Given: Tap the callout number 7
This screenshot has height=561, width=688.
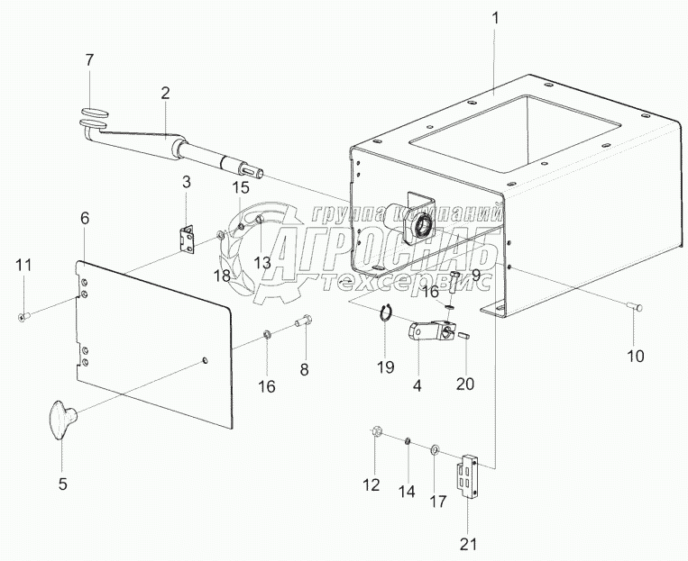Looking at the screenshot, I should point(88,61).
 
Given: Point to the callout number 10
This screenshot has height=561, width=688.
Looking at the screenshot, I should point(636,356).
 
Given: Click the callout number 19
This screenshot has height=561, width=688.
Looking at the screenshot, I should point(385,366).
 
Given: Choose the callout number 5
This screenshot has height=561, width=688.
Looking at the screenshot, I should point(62,484).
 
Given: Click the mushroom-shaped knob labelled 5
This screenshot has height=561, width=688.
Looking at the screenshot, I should point(61,421).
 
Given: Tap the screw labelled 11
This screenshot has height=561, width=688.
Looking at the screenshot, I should point(23,315).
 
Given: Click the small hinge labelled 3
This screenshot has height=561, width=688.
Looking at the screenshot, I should point(188,238).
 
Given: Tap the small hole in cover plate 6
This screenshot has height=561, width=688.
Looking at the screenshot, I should point(205,362).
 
